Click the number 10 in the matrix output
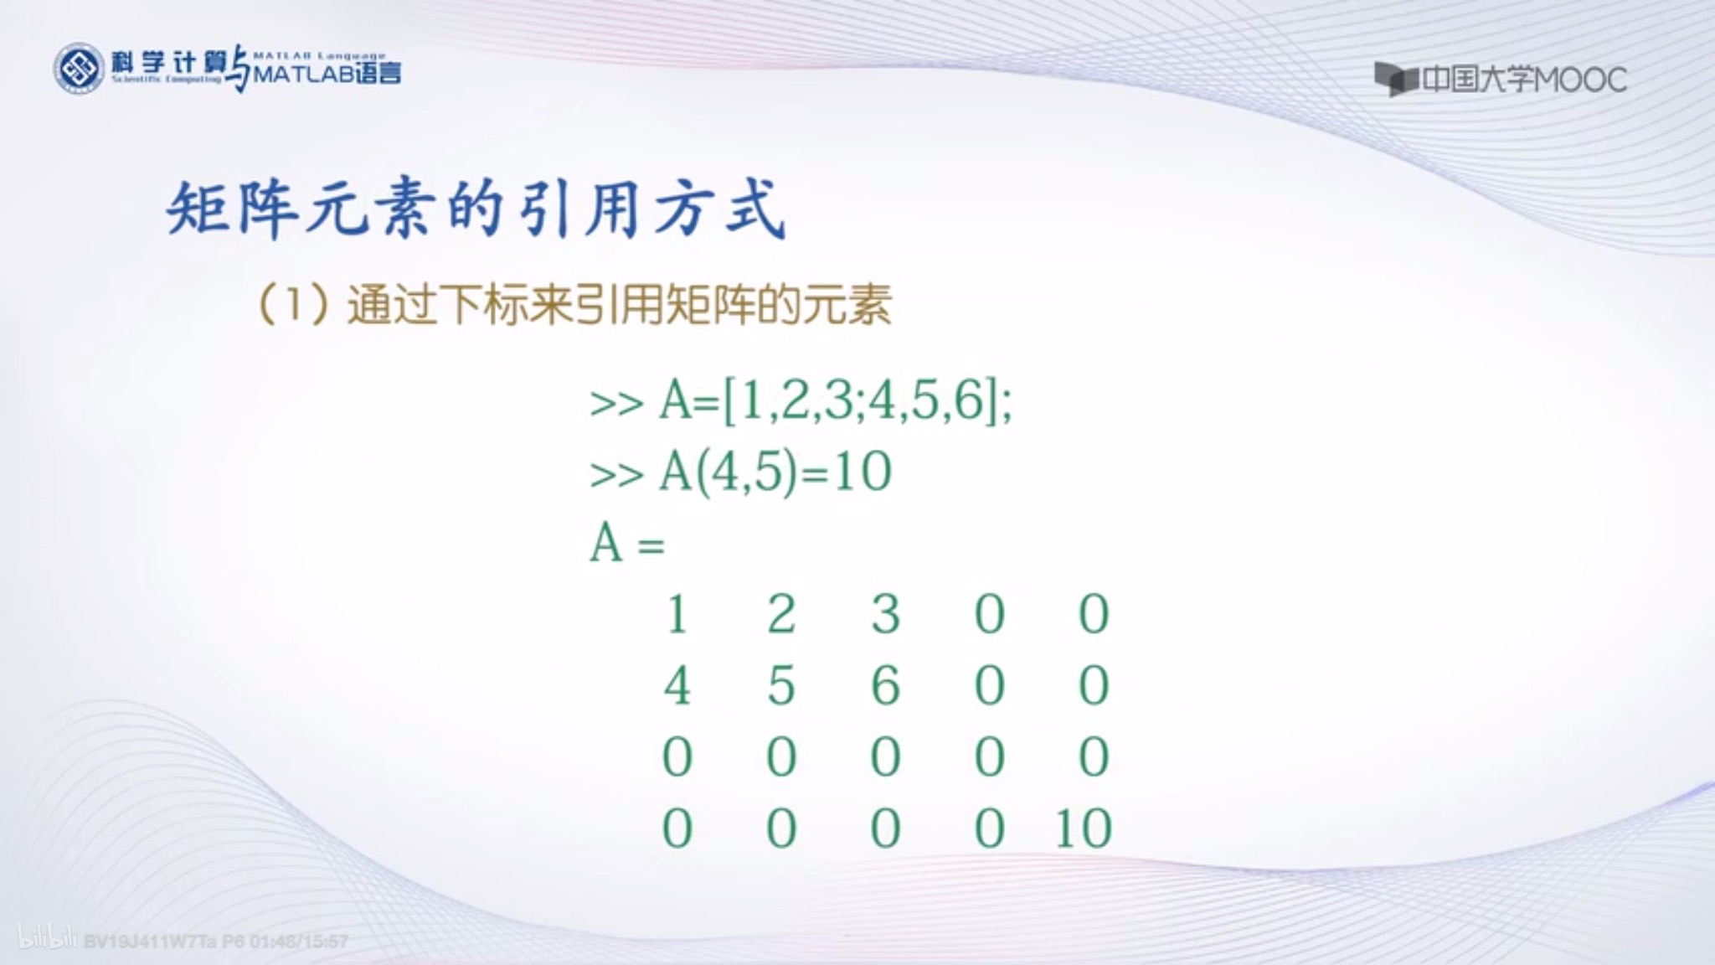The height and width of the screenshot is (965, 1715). [1084, 829]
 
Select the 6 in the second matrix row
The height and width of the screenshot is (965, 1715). [885, 687]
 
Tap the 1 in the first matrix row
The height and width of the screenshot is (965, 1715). [677, 615]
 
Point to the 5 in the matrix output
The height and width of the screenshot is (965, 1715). [780, 687]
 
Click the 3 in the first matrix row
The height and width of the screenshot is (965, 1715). [885, 615]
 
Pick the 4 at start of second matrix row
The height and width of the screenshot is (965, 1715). [677, 687]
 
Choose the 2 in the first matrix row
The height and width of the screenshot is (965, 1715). [780, 615]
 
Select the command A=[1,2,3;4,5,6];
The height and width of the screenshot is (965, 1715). [801, 402]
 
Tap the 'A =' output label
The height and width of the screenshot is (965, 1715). [627, 544]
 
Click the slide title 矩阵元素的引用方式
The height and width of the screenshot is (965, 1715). [476, 209]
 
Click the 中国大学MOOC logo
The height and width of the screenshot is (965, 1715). [1501, 80]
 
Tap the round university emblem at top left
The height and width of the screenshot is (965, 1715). [79, 69]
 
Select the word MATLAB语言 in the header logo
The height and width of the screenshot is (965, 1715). [327, 75]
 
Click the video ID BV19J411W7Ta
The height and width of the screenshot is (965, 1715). [150, 942]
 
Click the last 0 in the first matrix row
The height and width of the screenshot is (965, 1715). [1094, 615]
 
